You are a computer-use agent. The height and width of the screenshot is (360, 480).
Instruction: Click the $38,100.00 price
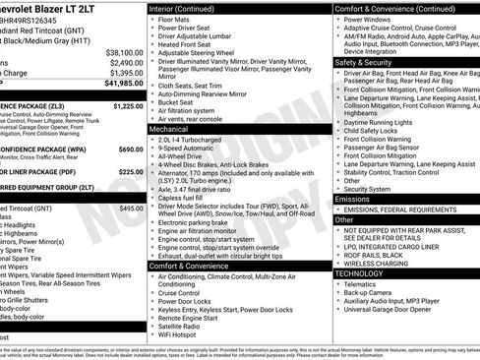[x=124, y=52]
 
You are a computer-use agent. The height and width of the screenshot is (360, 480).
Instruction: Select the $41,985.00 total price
[x=122, y=84]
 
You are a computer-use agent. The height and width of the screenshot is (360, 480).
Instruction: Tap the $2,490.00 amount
[x=125, y=62]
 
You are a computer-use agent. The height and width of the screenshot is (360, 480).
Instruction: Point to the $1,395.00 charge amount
[x=125, y=73]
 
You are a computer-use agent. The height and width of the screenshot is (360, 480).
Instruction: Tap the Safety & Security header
[x=363, y=62]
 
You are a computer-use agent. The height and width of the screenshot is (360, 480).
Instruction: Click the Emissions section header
[x=352, y=199]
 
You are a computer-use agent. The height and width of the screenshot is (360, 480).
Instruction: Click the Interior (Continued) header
[x=181, y=8]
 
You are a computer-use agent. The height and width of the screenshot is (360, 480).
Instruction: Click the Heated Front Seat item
[x=184, y=44]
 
